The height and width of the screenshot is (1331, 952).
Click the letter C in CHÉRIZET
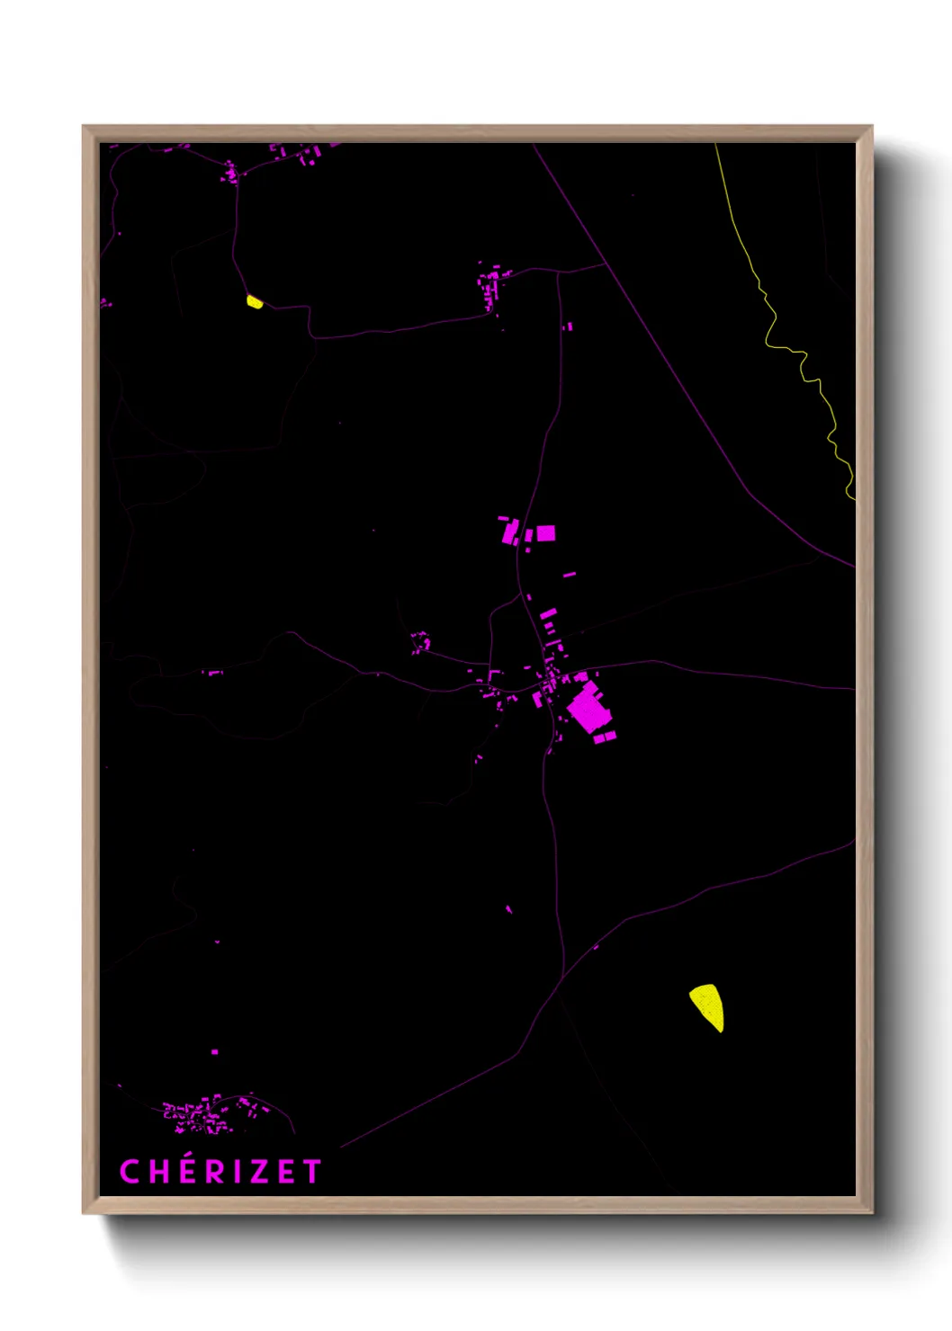click(130, 1172)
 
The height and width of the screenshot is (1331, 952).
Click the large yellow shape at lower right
click(708, 1005)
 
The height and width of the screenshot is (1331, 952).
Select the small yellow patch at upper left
click(255, 302)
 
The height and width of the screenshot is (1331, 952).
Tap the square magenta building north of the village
click(545, 533)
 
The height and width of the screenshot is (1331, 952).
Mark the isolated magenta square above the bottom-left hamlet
click(214, 1051)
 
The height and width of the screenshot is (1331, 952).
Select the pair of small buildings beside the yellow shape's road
click(568, 326)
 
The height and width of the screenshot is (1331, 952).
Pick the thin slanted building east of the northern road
click(569, 574)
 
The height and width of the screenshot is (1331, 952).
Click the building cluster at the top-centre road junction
click(491, 286)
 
